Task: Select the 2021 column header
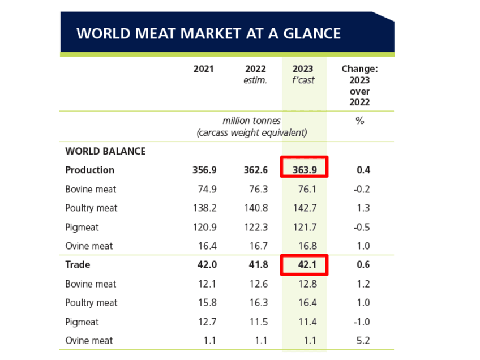(x=204, y=69)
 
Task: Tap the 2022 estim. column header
(x=255, y=74)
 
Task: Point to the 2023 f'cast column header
(x=303, y=74)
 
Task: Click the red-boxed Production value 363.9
(x=304, y=170)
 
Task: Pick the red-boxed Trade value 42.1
(x=304, y=264)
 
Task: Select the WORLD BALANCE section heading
(x=105, y=151)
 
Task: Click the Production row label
(x=89, y=170)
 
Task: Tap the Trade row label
(x=78, y=264)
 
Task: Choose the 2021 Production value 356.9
(x=204, y=170)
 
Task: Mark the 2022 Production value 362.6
(x=255, y=170)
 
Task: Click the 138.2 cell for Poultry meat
(x=204, y=208)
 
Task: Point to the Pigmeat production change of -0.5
(x=361, y=227)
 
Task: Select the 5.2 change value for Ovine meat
(x=362, y=341)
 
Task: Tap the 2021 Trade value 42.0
(x=205, y=264)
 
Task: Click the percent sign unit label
(x=359, y=121)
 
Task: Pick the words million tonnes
(x=251, y=121)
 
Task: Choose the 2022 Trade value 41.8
(x=257, y=264)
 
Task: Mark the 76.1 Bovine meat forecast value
(x=305, y=189)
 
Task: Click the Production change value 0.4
(x=363, y=170)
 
